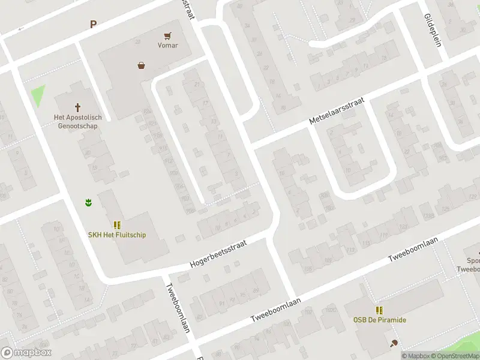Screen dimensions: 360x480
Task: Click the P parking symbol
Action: tap(93, 25)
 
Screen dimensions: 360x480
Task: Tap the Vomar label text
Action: tap(168, 45)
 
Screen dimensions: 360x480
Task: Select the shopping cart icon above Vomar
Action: tap(168, 35)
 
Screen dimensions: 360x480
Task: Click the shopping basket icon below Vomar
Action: tap(141, 65)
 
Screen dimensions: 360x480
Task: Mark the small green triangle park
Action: tap(38, 95)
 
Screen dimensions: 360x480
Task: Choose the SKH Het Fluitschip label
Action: tap(117, 235)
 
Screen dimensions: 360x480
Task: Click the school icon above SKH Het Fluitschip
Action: tap(117, 225)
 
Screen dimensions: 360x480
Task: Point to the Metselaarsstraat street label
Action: tap(337, 112)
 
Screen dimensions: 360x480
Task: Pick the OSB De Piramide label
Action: tap(379, 320)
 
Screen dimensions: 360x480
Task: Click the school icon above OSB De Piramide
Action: tap(379, 310)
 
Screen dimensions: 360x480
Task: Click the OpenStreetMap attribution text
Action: tap(457, 356)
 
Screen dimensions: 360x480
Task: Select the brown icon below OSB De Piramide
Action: tap(394, 343)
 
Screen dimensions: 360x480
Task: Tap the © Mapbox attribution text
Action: tap(416, 356)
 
